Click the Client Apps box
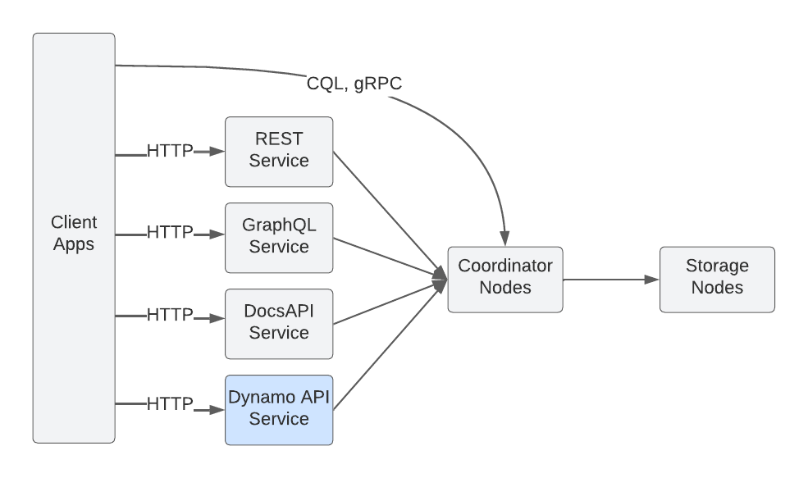(74, 238)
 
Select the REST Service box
(279, 151)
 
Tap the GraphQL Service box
(279, 237)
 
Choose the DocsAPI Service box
(279, 323)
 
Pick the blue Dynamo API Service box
(279, 409)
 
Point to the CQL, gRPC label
(354, 84)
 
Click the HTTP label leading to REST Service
(170, 152)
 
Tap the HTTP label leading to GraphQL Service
(170, 234)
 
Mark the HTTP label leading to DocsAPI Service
(170, 315)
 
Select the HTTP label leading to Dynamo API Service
(170, 404)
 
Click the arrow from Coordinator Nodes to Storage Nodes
(611, 280)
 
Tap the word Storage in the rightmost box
(717, 266)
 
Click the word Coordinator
(504, 266)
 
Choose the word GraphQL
(279, 225)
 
